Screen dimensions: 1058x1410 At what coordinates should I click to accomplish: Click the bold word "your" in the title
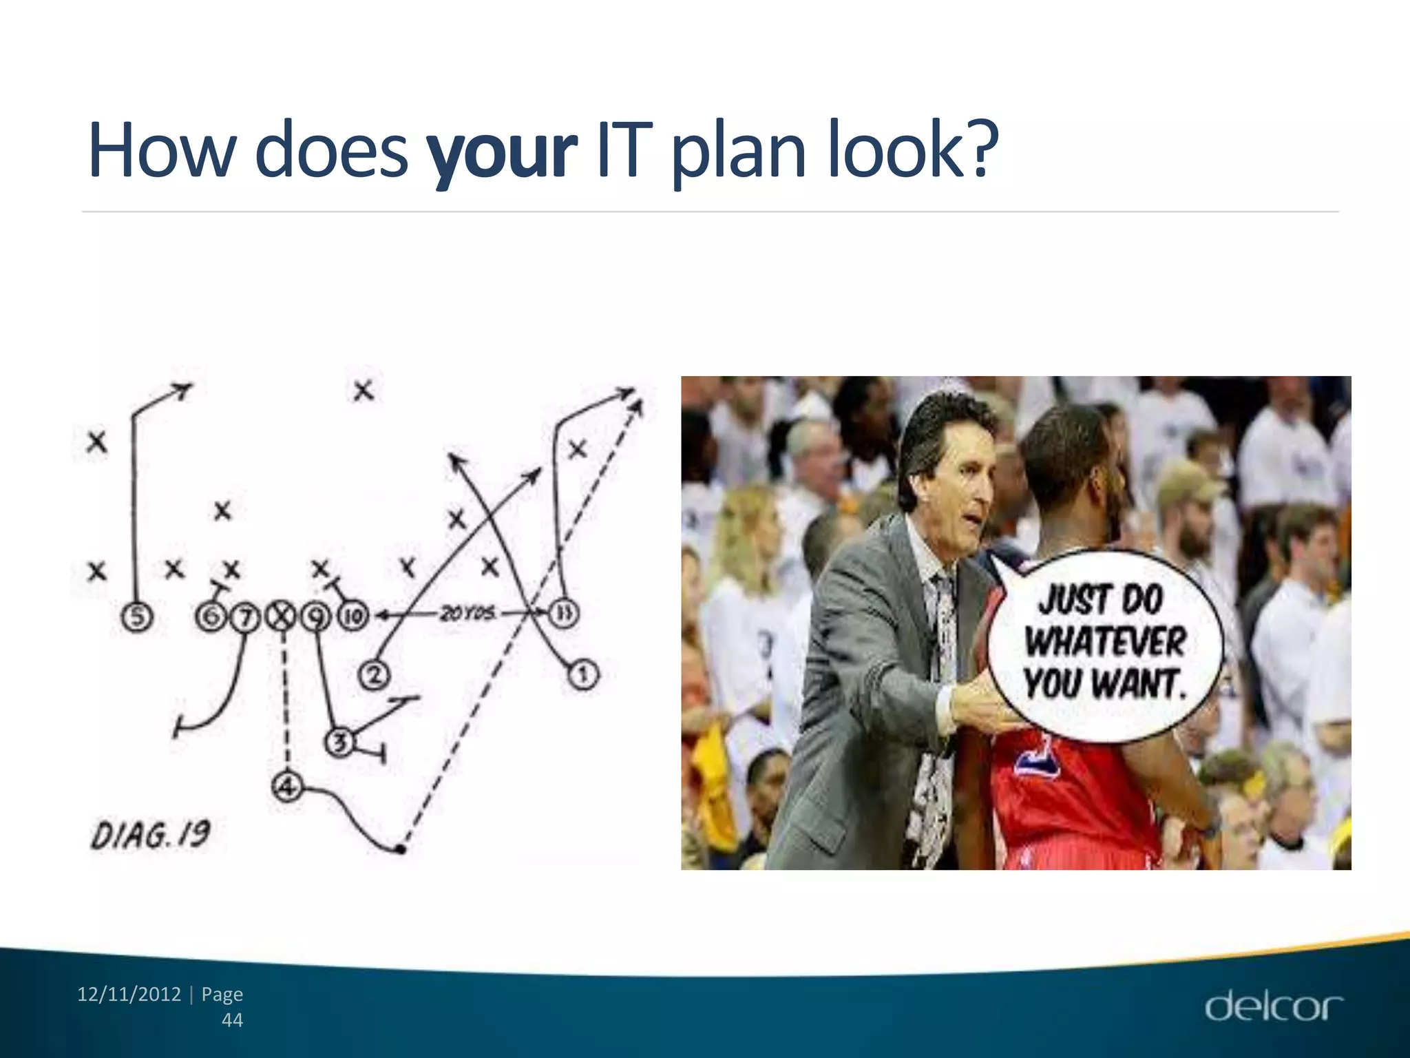pyautogui.click(x=501, y=150)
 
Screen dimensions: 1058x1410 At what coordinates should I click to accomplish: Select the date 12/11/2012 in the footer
pyautogui.click(x=129, y=994)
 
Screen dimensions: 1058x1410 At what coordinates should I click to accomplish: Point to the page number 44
pyautogui.click(x=232, y=1020)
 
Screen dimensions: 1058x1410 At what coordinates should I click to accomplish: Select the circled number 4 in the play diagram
pyautogui.click(x=287, y=785)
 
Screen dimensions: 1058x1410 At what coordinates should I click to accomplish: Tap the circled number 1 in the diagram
pyautogui.click(x=582, y=674)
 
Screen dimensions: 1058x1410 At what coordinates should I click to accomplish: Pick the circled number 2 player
pyautogui.click(x=374, y=674)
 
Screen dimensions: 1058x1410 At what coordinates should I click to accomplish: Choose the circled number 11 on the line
pyautogui.click(x=562, y=613)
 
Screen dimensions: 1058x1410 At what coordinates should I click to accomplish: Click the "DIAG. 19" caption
pyautogui.click(x=150, y=836)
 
